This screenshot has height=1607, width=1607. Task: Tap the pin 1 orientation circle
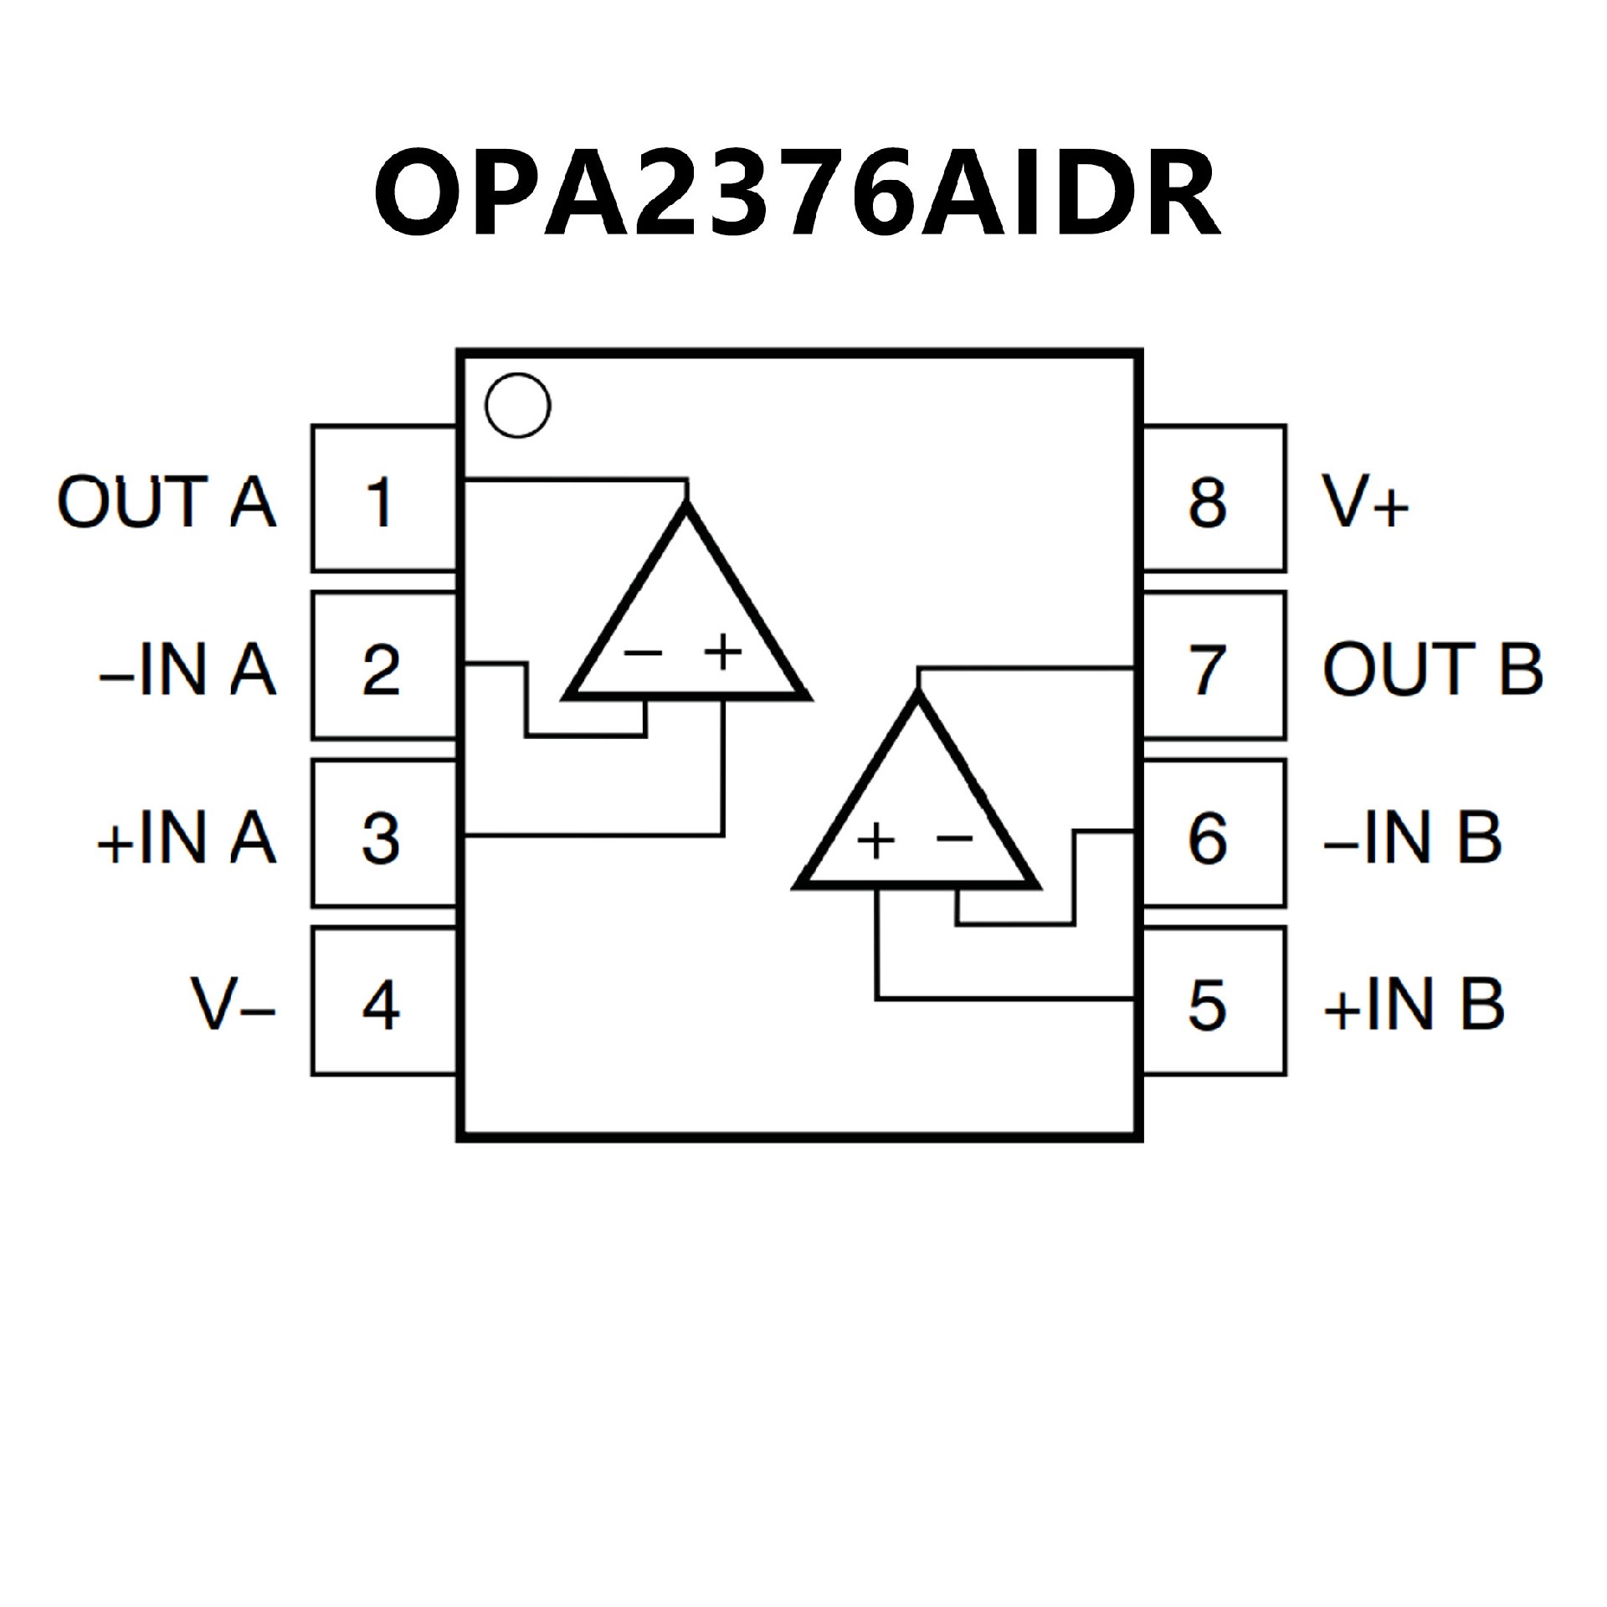pos(517,405)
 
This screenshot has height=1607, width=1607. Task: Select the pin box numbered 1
pos(383,500)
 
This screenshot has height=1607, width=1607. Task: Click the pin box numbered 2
pos(383,667)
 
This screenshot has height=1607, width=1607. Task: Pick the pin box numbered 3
pos(383,834)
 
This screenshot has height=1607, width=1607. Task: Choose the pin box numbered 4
pos(383,1002)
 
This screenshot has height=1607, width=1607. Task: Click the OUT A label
pos(166,501)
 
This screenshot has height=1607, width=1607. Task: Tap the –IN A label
pos(187,670)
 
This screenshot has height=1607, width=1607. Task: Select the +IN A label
pos(186,837)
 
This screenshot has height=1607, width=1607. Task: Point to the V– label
pos(233,1004)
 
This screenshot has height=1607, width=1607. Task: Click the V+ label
pos(1365,501)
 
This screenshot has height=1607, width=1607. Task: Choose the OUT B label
pos(1432,669)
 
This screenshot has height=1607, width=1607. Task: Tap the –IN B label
pos(1412,837)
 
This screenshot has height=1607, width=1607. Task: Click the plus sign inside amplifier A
pos(723,652)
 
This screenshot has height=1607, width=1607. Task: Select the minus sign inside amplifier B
pos(954,838)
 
